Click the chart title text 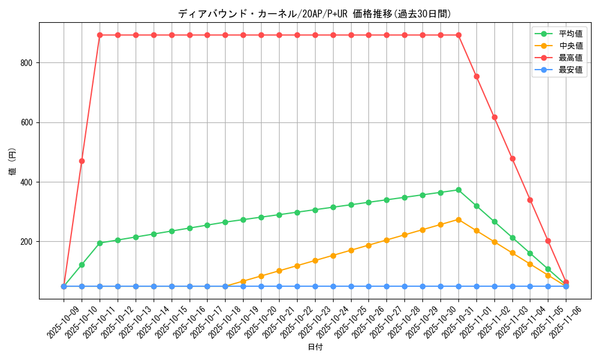(314, 14)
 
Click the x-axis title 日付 (315, 347)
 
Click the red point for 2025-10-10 (82, 161)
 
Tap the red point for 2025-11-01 (476, 76)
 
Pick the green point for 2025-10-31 (458, 190)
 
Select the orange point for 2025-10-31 (458, 220)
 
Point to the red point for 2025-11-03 (512, 158)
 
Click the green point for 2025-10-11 (100, 243)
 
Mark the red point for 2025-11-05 (548, 241)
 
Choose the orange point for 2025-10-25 (351, 250)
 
